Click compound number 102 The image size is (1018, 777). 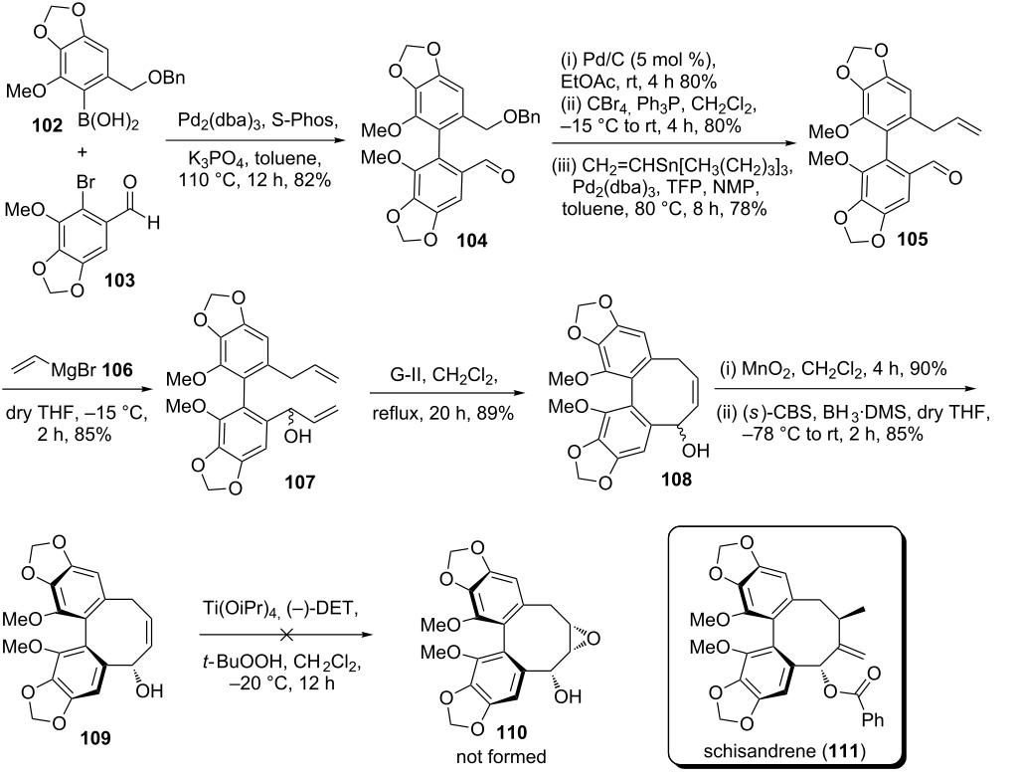click(x=48, y=124)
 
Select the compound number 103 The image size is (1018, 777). click(x=120, y=280)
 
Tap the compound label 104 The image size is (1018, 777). click(x=471, y=241)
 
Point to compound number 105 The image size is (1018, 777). click(x=913, y=239)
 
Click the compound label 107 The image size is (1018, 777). click(x=299, y=482)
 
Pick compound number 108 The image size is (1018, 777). click(x=676, y=480)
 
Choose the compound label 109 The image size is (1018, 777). click(x=95, y=737)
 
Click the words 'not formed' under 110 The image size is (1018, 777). click(x=501, y=757)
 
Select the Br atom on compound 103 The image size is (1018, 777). click(x=85, y=181)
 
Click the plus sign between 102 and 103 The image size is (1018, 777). click(x=83, y=152)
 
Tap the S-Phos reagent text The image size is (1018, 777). click(x=304, y=120)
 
